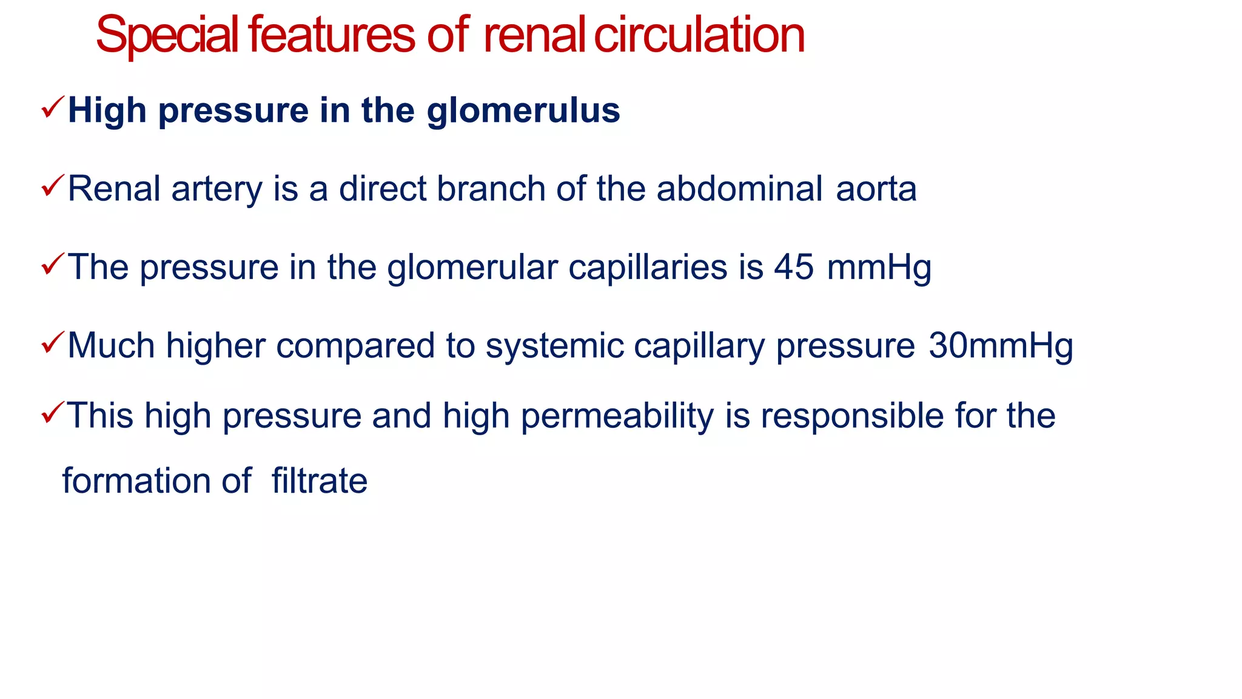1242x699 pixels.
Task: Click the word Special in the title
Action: click(x=167, y=35)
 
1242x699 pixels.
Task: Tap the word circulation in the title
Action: click(x=699, y=35)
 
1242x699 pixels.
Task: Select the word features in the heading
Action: click(x=331, y=35)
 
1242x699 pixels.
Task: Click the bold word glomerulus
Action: click(x=523, y=111)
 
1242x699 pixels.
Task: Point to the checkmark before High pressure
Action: click(x=53, y=108)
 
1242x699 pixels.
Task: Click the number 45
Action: click(x=794, y=267)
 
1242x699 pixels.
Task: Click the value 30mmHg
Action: click(x=1001, y=346)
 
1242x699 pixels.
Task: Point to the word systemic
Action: click(x=554, y=346)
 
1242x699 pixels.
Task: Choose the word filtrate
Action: click(x=319, y=481)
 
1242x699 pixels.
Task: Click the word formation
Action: click(x=135, y=481)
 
